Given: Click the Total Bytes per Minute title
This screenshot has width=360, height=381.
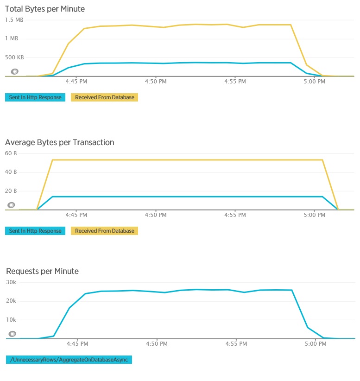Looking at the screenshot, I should [45, 9].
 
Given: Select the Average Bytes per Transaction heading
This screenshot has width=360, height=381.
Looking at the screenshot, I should [59, 142].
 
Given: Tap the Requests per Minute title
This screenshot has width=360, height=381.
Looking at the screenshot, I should [42, 271].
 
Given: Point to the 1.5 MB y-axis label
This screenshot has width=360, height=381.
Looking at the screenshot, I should [14, 20].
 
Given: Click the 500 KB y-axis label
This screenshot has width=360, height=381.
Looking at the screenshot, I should [14, 57].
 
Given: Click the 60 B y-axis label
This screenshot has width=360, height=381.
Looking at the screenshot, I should [11, 153].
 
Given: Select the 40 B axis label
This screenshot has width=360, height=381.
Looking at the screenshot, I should [11, 172].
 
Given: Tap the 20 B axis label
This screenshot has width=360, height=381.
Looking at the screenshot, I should [11, 190].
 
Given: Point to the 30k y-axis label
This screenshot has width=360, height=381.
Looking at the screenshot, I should [11, 282].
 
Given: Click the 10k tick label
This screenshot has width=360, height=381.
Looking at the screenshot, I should [11, 320].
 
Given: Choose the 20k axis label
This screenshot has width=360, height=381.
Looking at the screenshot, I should [11, 301].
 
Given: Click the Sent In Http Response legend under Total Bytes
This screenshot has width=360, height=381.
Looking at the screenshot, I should [35, 97].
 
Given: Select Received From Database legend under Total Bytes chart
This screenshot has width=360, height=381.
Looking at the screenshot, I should [104, 97].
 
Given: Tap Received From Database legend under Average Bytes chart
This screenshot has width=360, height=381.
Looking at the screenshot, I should [104, 231].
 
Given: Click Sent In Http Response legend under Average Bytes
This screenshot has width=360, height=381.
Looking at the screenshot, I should [35, 231].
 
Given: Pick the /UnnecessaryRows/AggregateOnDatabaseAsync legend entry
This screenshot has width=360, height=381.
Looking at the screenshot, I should [69, 360].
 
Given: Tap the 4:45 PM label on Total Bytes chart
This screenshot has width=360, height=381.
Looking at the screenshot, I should [76, 82].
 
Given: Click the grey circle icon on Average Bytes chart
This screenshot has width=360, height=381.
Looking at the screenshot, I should [12, 205].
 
